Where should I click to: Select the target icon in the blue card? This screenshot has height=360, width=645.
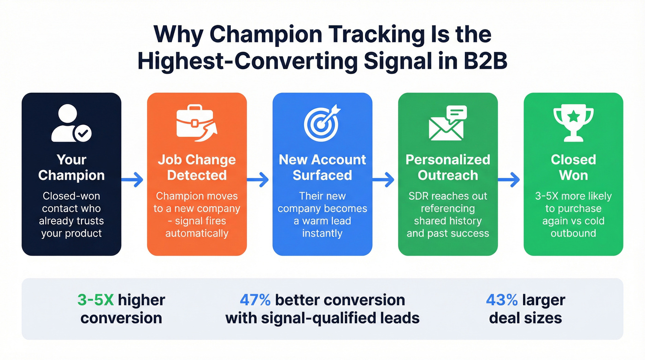click(x=322, y=123)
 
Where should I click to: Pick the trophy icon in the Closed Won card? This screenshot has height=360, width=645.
click(x=573, y=122)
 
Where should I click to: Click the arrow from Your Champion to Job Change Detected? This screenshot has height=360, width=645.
click(x=134, y=180)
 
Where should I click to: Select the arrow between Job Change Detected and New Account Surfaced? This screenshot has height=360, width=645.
click(x=259, y=180)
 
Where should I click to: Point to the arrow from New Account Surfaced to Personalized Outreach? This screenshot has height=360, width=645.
click(x=385, y=180)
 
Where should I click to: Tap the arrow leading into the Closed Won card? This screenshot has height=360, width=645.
click(x=510, y=180)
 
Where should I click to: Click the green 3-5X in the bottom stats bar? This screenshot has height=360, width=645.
click(x=95, y=300)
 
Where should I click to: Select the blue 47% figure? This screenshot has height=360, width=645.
click(x=255, y=300)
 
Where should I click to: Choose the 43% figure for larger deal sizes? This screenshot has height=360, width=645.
click(x=502, y=300)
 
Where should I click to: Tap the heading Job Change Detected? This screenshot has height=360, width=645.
click(x=197, y=167)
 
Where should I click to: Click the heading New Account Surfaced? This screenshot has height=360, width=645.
click(x=322, y=167)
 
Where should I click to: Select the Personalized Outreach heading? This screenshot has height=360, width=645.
click(x=447, y=167)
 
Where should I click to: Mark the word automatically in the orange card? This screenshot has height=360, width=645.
click(x=197, y=233)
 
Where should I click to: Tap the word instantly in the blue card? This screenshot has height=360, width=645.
click(x=322, y=233)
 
